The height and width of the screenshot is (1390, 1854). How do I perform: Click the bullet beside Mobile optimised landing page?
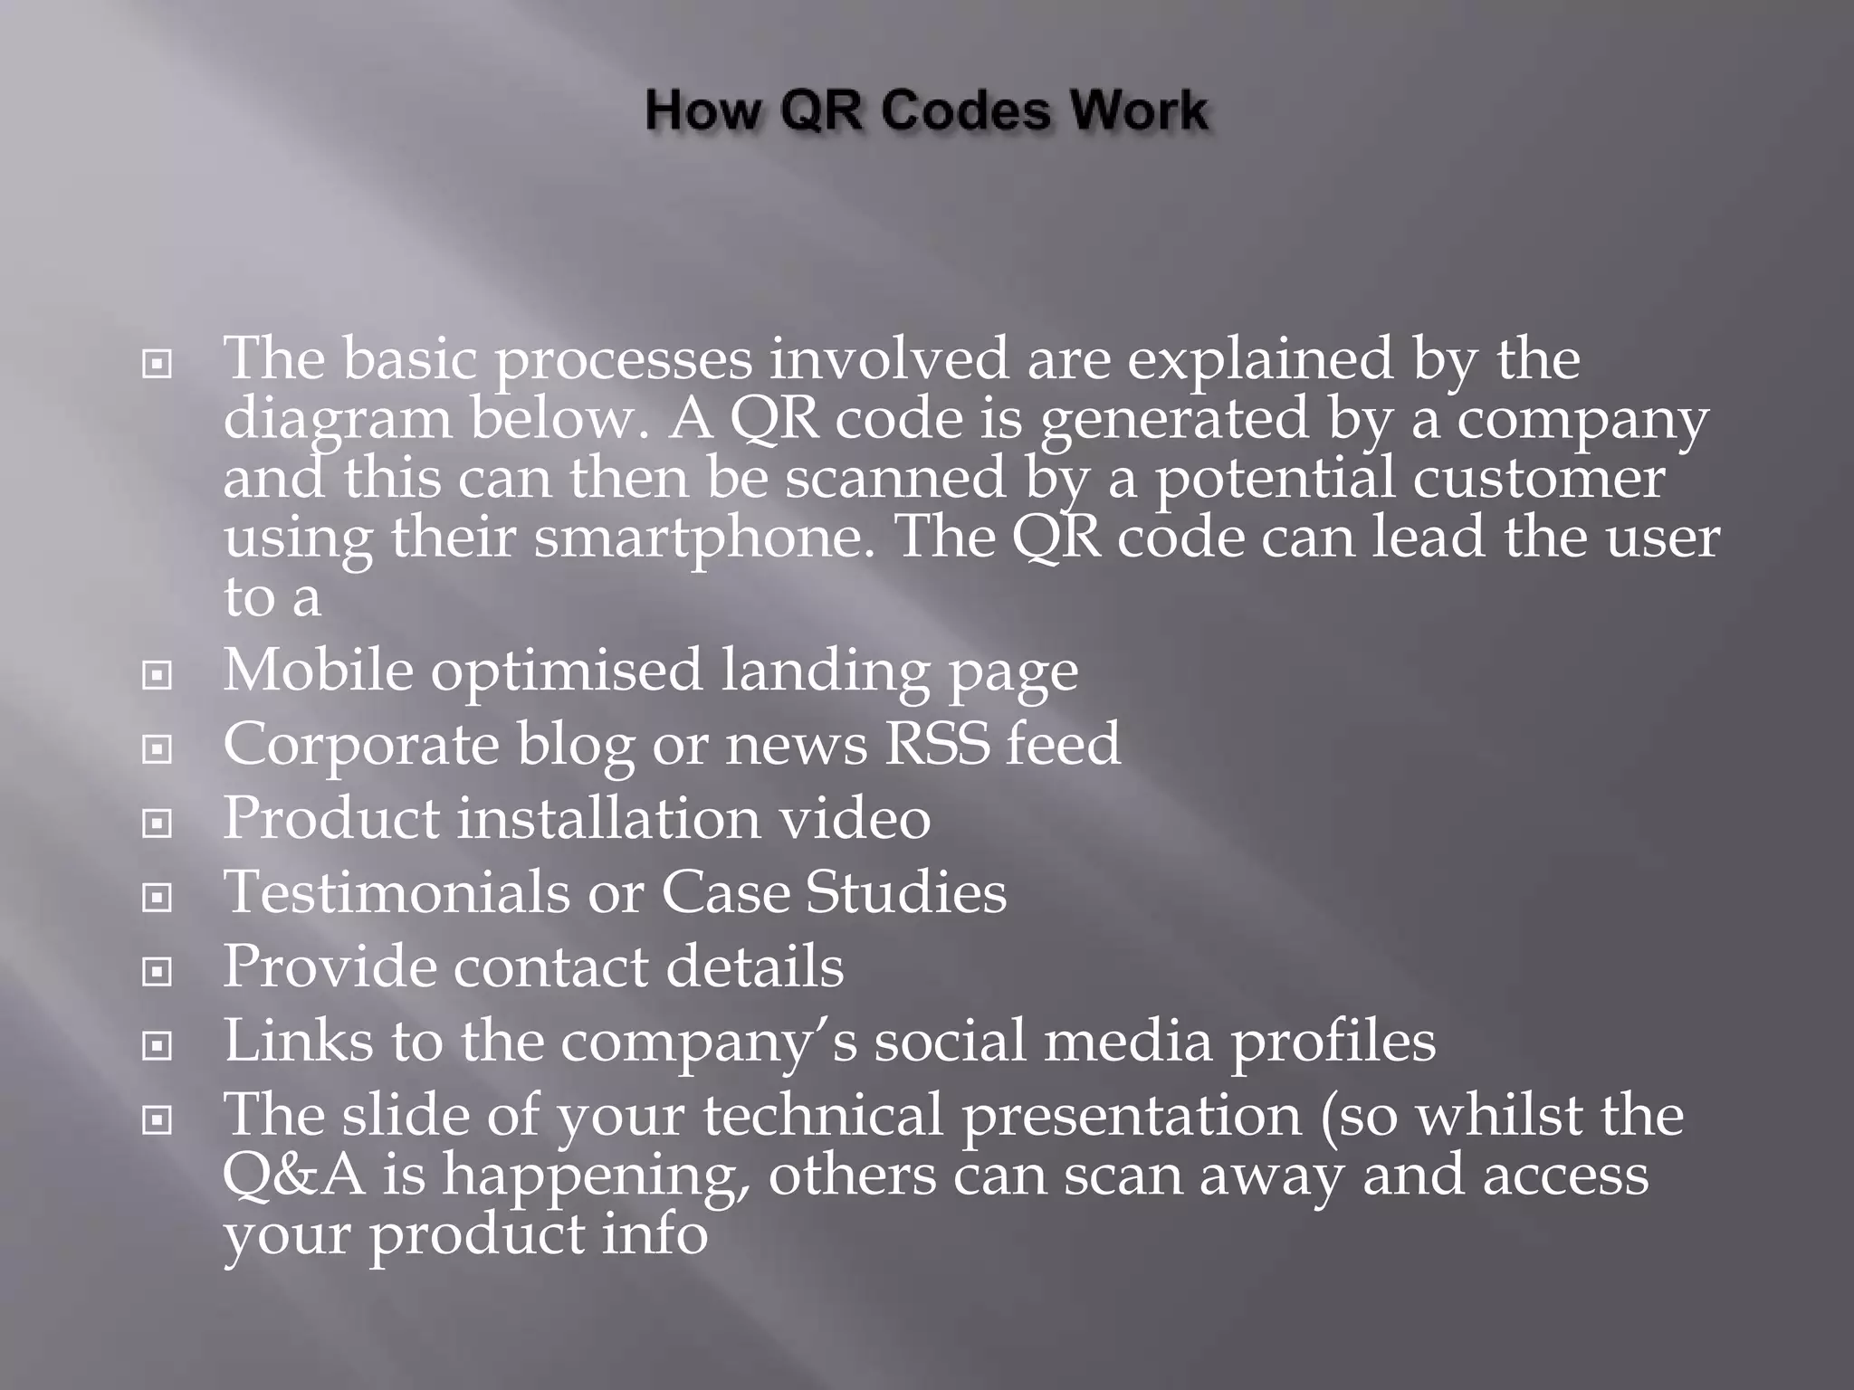(158, 675)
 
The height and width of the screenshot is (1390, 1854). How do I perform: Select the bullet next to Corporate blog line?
(158, 749)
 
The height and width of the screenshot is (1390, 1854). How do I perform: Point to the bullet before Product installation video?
(158, 824)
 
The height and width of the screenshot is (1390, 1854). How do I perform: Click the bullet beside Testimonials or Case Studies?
(158, 898)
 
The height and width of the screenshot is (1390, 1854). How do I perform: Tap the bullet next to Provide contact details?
(158, 972)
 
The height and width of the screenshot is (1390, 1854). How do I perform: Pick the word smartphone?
(699, 539)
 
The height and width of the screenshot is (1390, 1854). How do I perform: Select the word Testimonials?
(397, 892)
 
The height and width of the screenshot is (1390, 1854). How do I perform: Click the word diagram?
(337, 422)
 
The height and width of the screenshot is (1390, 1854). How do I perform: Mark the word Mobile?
(318, 671)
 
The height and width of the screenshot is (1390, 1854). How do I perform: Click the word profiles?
(1332, 1042)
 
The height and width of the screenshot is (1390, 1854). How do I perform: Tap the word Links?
(298, 1041)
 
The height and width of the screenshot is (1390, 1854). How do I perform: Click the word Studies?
(905, 892)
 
